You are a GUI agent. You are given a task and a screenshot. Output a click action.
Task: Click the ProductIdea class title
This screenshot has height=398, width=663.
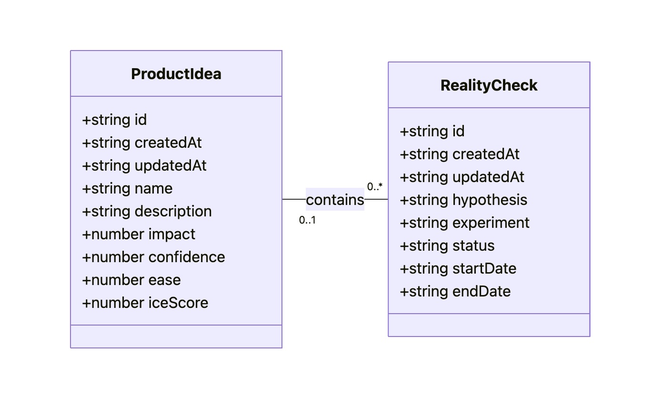[176, 74]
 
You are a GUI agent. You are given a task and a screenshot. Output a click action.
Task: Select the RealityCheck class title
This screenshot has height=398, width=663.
[489, 85]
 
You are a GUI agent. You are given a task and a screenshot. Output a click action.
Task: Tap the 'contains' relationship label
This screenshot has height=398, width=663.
[335, 200]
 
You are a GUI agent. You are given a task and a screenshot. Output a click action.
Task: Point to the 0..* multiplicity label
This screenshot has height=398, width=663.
[375, 186]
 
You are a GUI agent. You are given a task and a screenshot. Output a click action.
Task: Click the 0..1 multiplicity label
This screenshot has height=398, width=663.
[307, 220]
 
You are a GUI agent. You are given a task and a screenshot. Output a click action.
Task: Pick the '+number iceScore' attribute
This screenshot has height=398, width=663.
[145, 303]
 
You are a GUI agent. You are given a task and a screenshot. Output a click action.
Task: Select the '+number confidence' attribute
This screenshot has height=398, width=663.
[153, 257]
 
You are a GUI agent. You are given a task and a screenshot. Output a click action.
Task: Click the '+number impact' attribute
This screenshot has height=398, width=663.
[139, 234]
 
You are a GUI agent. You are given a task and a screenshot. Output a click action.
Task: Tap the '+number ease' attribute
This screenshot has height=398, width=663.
[131, 280]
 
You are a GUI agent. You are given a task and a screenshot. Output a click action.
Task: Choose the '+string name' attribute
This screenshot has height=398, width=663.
[127, 188]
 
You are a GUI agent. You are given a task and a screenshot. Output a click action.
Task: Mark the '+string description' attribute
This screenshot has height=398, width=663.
[147, 211]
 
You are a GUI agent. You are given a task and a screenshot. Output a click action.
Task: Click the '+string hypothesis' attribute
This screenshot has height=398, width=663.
[463, 200]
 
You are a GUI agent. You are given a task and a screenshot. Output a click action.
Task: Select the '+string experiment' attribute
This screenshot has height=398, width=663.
[464, 223]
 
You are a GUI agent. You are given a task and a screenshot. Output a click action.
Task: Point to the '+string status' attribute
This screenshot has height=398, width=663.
[447, 245]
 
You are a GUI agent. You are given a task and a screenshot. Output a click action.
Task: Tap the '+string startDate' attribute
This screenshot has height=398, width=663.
[458, 268]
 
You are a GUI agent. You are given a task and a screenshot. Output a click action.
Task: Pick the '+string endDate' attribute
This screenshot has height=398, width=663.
[455, 291]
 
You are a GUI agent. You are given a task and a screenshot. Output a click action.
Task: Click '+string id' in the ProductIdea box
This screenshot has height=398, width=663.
[114, 120]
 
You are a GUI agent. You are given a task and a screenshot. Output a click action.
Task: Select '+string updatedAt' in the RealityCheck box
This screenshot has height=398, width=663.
[462, 177]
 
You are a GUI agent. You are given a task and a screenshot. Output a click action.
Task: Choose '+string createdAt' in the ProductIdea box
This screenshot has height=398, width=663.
[142, 143]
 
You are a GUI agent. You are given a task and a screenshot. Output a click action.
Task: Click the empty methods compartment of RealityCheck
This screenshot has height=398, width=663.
[489, 325]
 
